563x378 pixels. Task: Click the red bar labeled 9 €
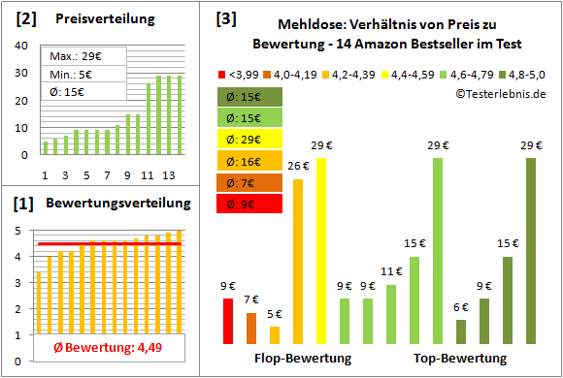point(228,321)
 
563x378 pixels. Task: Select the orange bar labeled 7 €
point(251,329)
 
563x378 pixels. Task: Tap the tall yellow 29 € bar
point(321,251)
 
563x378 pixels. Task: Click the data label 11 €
point(391,272)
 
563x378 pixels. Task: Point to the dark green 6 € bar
point(461,331)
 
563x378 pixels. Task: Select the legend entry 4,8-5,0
point(522,73)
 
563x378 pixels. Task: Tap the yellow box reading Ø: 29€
point(249,140)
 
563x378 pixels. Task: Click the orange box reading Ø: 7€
point(249,182)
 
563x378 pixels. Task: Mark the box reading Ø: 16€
point(249,161)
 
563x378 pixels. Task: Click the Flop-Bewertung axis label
point(303,359)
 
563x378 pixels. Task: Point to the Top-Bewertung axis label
point(461,359)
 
